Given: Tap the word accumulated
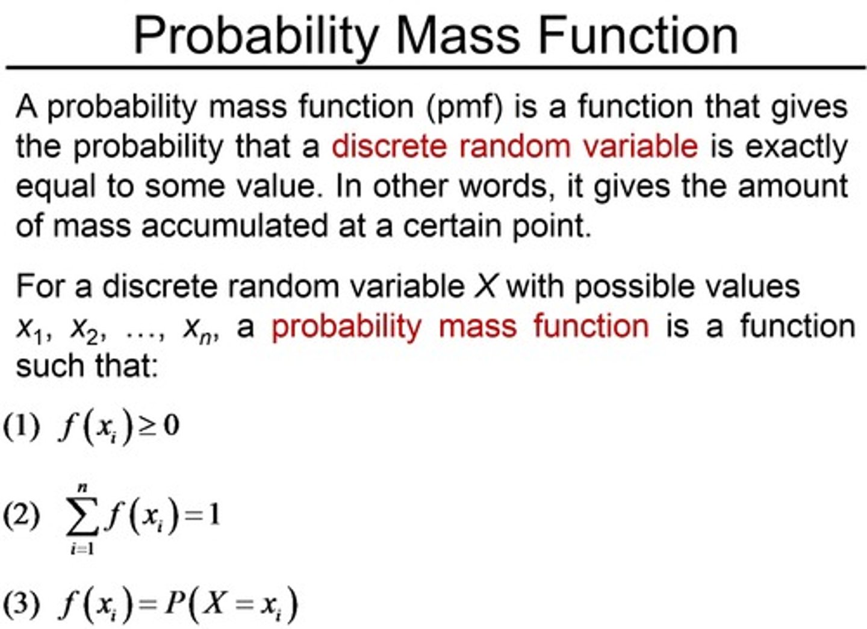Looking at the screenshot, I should (x=235, y=226).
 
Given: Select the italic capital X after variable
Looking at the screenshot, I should (x=485, y=286).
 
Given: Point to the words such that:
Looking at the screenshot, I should (x=87, y=366).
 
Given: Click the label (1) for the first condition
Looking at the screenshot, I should (x=22, y=426).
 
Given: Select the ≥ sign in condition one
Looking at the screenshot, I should (x=148, y=427).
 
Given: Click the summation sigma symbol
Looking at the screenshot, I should (x=82, y=518).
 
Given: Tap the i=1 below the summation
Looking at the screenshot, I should (x=82, y=548).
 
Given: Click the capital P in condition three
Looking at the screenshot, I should (x=174, y=603).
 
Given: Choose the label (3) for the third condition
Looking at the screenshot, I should (x=22, y=603).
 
